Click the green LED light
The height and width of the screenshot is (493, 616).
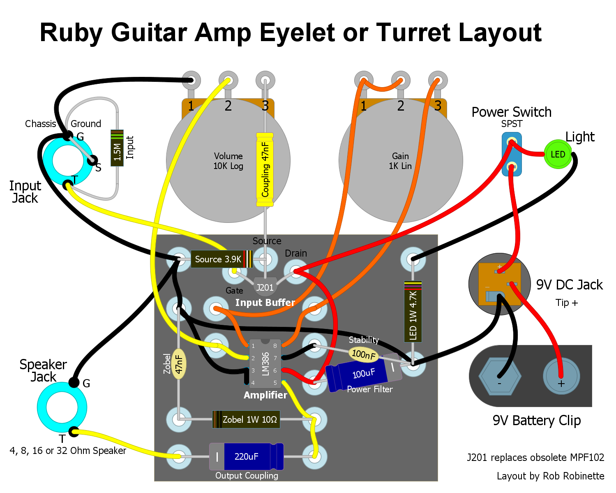558,154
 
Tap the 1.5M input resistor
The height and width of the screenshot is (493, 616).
117,148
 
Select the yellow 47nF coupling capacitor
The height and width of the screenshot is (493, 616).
265,169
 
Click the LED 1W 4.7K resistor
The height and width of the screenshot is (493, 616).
413,311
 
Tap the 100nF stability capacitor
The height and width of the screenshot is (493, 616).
364,354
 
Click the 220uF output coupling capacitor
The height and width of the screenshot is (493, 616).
247,456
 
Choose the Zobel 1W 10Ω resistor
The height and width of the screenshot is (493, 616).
246,419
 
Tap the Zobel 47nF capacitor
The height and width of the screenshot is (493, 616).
179,364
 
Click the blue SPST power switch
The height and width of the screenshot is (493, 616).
512,154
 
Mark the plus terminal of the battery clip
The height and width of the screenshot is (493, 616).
562,376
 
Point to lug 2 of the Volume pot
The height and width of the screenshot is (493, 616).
228,81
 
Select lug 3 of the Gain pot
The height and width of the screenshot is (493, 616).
438,81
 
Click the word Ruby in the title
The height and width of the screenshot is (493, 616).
71,33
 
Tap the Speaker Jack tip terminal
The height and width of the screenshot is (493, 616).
74,432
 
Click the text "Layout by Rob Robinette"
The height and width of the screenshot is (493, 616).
550,476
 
